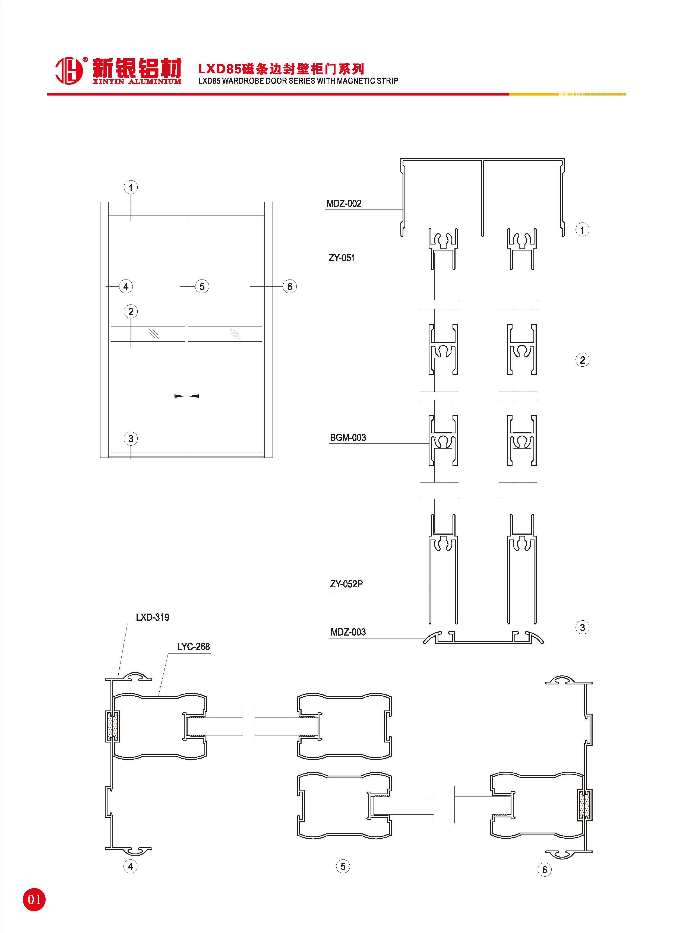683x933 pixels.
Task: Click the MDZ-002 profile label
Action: pyautogui.click(x=344, y=203)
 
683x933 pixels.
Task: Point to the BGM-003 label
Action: pyautogui.click(x=348, y=437)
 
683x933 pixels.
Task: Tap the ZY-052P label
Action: pyautogui.click(x=346, y=584)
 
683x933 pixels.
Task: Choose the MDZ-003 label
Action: pyautogui.click(x=348, y=632)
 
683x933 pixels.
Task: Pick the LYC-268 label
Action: pyautogui.click(x=194, y=646)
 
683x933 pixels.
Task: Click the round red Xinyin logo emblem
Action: pyautogui.click(x=69, y=70)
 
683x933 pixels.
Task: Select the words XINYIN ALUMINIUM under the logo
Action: pyautogui.click(x=137, y=82)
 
